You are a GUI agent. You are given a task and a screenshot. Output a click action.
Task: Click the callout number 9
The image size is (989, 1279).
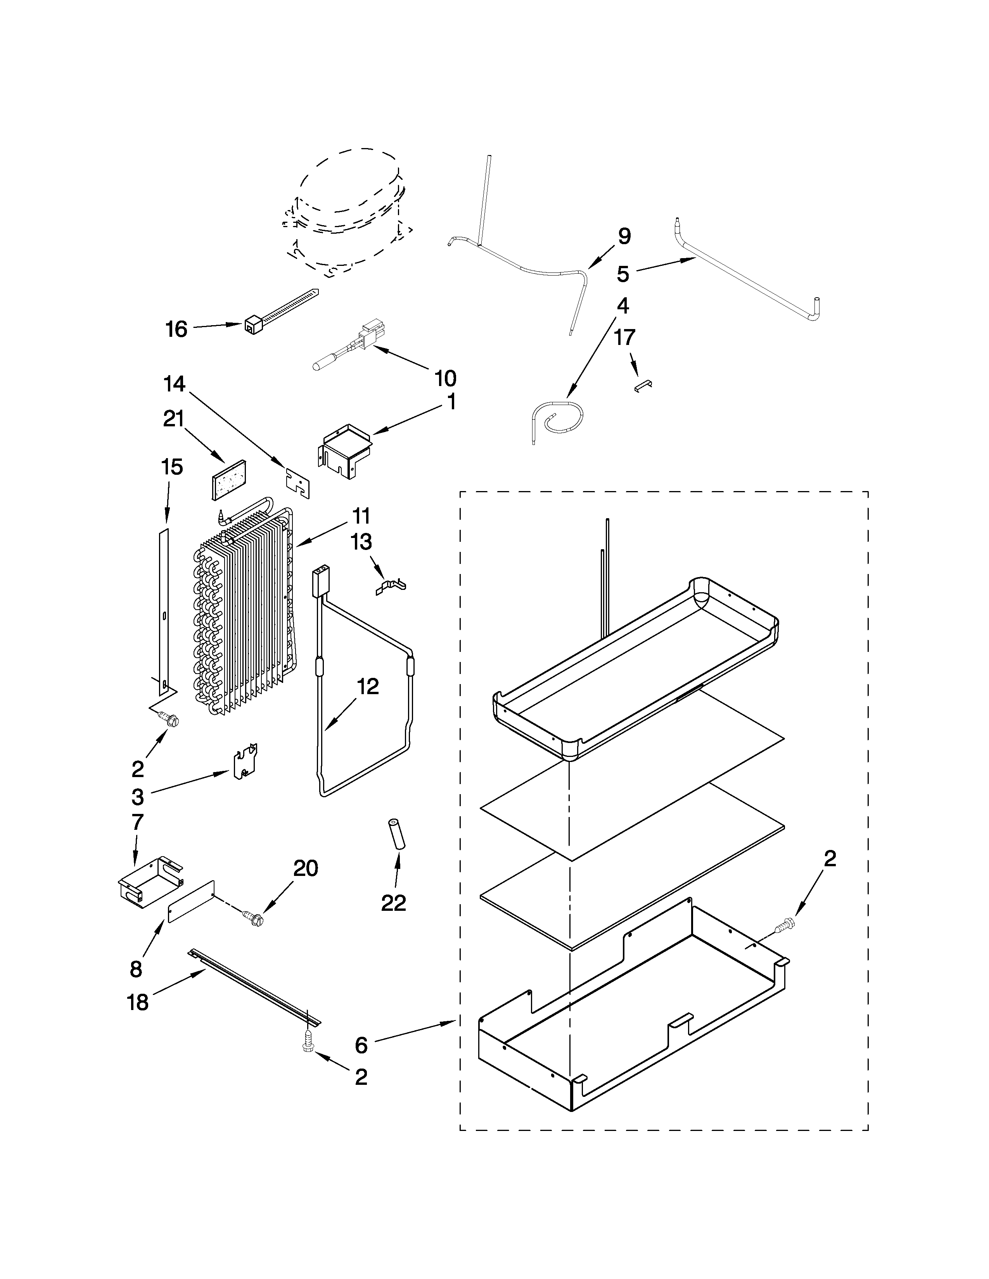624,236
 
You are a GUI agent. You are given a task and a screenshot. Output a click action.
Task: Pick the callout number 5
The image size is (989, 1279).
623,274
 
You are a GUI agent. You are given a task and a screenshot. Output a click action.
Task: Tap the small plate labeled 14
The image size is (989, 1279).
297,483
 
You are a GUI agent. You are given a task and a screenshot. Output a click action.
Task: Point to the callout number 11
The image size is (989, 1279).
361,517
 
